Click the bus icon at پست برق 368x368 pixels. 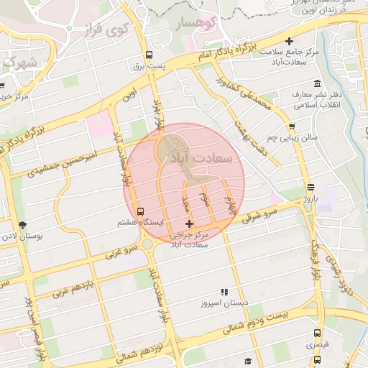click(149, 55)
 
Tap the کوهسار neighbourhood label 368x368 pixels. click(195, 24)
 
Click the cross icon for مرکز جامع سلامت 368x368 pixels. click(289, 42)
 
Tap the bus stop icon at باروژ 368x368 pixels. click(310, 185)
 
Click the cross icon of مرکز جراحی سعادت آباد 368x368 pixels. click(189, 225)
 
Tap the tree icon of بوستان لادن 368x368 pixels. click(22, 225)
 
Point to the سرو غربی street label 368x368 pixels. click(121, 252)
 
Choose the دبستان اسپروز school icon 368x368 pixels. click(224, 293)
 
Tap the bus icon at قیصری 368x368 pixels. click(317, 333)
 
